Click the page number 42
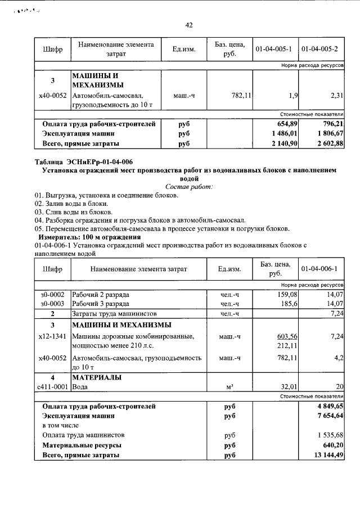(189, 25)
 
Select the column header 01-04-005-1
(273, 49)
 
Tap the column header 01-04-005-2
(319, 49)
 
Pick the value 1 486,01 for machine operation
(283, 134)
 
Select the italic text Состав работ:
(189, 186)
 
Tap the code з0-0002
(52, 295)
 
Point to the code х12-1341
(52, 336)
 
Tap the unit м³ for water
(229, 387)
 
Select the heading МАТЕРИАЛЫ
(97, 377)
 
